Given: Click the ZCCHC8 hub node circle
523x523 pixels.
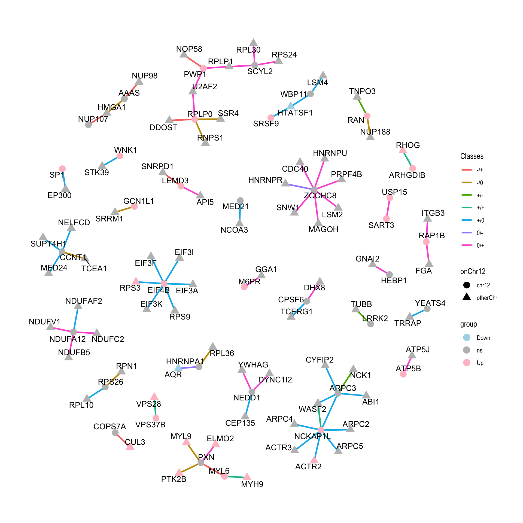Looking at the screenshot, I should point(314,190).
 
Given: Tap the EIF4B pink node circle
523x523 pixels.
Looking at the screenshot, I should point(164,284).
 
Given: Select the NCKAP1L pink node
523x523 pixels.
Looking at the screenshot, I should point(321,430).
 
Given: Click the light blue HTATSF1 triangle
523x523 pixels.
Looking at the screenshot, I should point(291,106).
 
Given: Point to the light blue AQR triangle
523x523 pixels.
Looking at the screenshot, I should point(178,368).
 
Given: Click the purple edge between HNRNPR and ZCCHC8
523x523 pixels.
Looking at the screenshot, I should point(300,187).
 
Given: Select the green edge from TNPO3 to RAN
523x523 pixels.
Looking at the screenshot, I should point(362,106).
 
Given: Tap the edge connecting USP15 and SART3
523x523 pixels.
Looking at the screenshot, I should point(388,208).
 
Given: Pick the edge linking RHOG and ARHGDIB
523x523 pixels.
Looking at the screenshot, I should point(408,159).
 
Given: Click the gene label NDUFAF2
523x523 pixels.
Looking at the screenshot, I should point(84,301).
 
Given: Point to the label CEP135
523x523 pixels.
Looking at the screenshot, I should point(240,423).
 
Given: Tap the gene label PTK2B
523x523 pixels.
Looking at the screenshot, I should point(174,479).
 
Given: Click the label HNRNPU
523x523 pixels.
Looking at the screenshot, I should point(330,153).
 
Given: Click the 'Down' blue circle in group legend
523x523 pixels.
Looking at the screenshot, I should point(467,337).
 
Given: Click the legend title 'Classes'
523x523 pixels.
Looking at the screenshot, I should point(472,156).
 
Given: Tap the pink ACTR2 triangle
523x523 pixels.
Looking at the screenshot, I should point(314,460).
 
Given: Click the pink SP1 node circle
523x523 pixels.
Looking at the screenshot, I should point(62,169).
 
